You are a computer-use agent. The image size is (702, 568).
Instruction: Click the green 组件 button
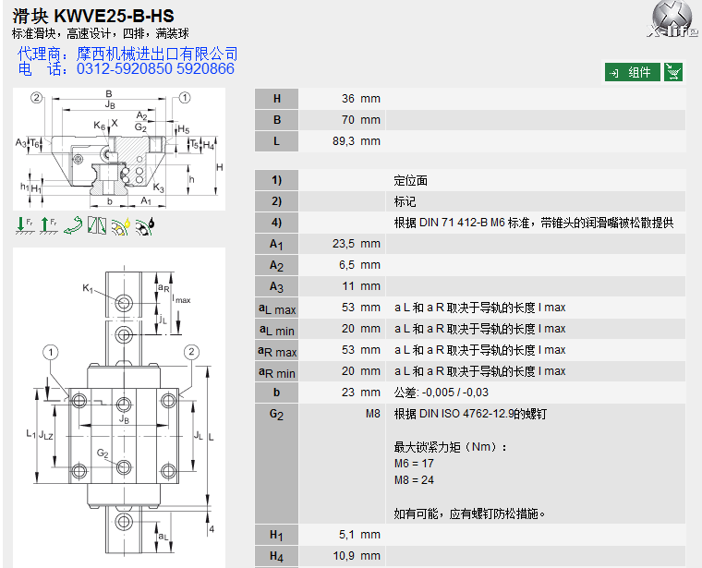point(633,72)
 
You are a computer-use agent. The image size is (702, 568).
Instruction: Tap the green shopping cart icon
point(674,72)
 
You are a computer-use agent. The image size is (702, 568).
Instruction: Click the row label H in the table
point(276,99)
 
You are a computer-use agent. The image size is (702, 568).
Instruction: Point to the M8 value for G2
point(372,414)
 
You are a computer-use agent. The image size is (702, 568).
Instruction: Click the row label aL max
point(276,308)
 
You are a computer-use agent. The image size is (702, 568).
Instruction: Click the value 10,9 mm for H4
point(358,555)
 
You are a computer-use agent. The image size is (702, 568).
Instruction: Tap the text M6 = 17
point(414,464)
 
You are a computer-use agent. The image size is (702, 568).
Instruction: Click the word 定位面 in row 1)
point(411,180)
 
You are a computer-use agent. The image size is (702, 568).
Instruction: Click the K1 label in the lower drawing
point(89,289)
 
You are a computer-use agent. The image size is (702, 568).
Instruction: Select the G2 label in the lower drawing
point(103,453)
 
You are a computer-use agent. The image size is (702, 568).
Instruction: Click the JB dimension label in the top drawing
point(110,105)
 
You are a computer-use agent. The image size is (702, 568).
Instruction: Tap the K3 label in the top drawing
point(159,188)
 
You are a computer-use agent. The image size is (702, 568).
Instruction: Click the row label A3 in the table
point(276,286)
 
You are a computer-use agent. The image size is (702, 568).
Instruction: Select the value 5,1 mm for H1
point(358,534)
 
